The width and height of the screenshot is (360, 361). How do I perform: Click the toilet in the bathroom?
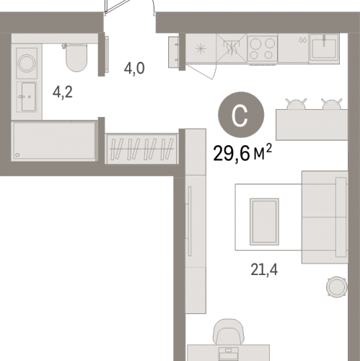[x=76, y=58]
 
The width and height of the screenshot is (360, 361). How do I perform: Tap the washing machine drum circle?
[x=27, y=64]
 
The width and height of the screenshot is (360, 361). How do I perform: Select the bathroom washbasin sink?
[x=27, y=97]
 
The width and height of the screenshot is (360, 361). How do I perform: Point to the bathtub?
[x=53, y=141]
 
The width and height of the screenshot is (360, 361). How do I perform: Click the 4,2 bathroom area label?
[x=63, y=92]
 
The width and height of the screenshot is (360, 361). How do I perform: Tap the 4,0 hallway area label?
[x=134, y=69]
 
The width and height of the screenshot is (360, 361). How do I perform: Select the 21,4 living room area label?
[x=264, y=269]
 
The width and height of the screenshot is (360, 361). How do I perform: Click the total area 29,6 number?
[x=231, y=154]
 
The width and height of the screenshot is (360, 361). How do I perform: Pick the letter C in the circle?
[x=240, y=116]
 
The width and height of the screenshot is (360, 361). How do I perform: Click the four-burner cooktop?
[x=262, y=49]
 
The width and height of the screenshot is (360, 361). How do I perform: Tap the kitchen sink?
[x=324, y=48]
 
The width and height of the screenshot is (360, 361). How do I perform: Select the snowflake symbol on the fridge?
[x=201, y=49]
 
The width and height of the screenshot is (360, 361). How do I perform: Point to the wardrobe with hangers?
[x=141, y=149]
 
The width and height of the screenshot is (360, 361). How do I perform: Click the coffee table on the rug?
[x=264, y=222]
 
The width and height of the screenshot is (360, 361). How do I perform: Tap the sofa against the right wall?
[x=325, y=217]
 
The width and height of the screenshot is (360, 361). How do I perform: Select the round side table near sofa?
[x=337, y=287]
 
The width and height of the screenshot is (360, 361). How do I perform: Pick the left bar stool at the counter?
[x=296, y=104]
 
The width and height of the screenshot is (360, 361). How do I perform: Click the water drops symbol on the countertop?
[x=302, y=40]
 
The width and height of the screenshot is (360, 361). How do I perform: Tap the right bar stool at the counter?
[x=332, y=104]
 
